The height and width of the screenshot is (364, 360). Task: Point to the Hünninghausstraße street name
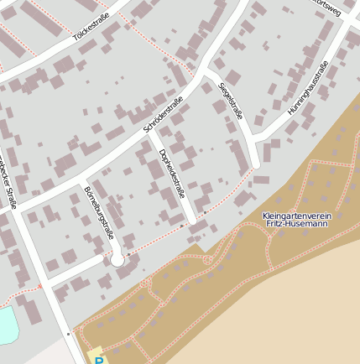306,98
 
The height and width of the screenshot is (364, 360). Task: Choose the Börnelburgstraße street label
98,212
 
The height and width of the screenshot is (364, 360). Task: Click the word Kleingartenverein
296,216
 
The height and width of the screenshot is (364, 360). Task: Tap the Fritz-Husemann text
297,224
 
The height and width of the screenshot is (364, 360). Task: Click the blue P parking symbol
98,361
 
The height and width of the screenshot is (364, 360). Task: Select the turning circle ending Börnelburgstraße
117,260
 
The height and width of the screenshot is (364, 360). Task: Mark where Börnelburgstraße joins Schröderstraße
80,179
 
